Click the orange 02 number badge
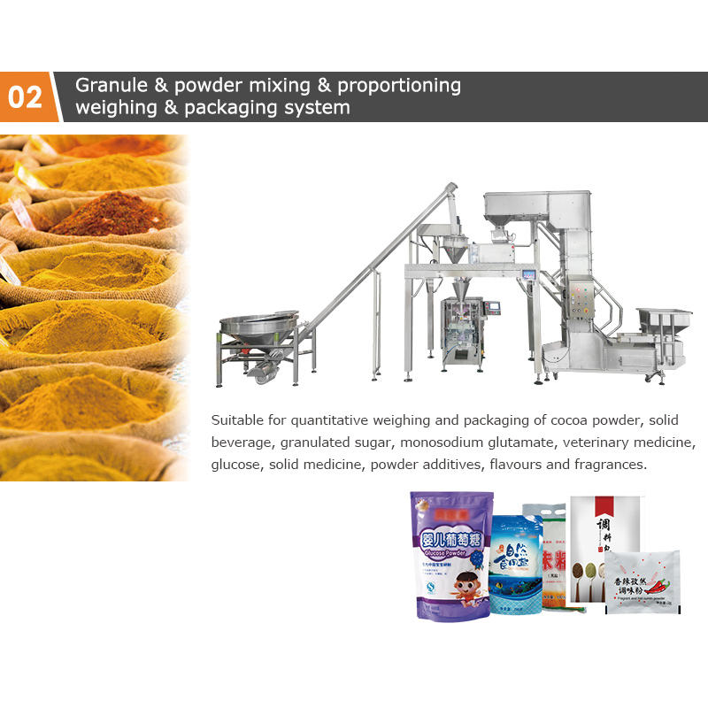click(26, 97)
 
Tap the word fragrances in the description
click(604, 465)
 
